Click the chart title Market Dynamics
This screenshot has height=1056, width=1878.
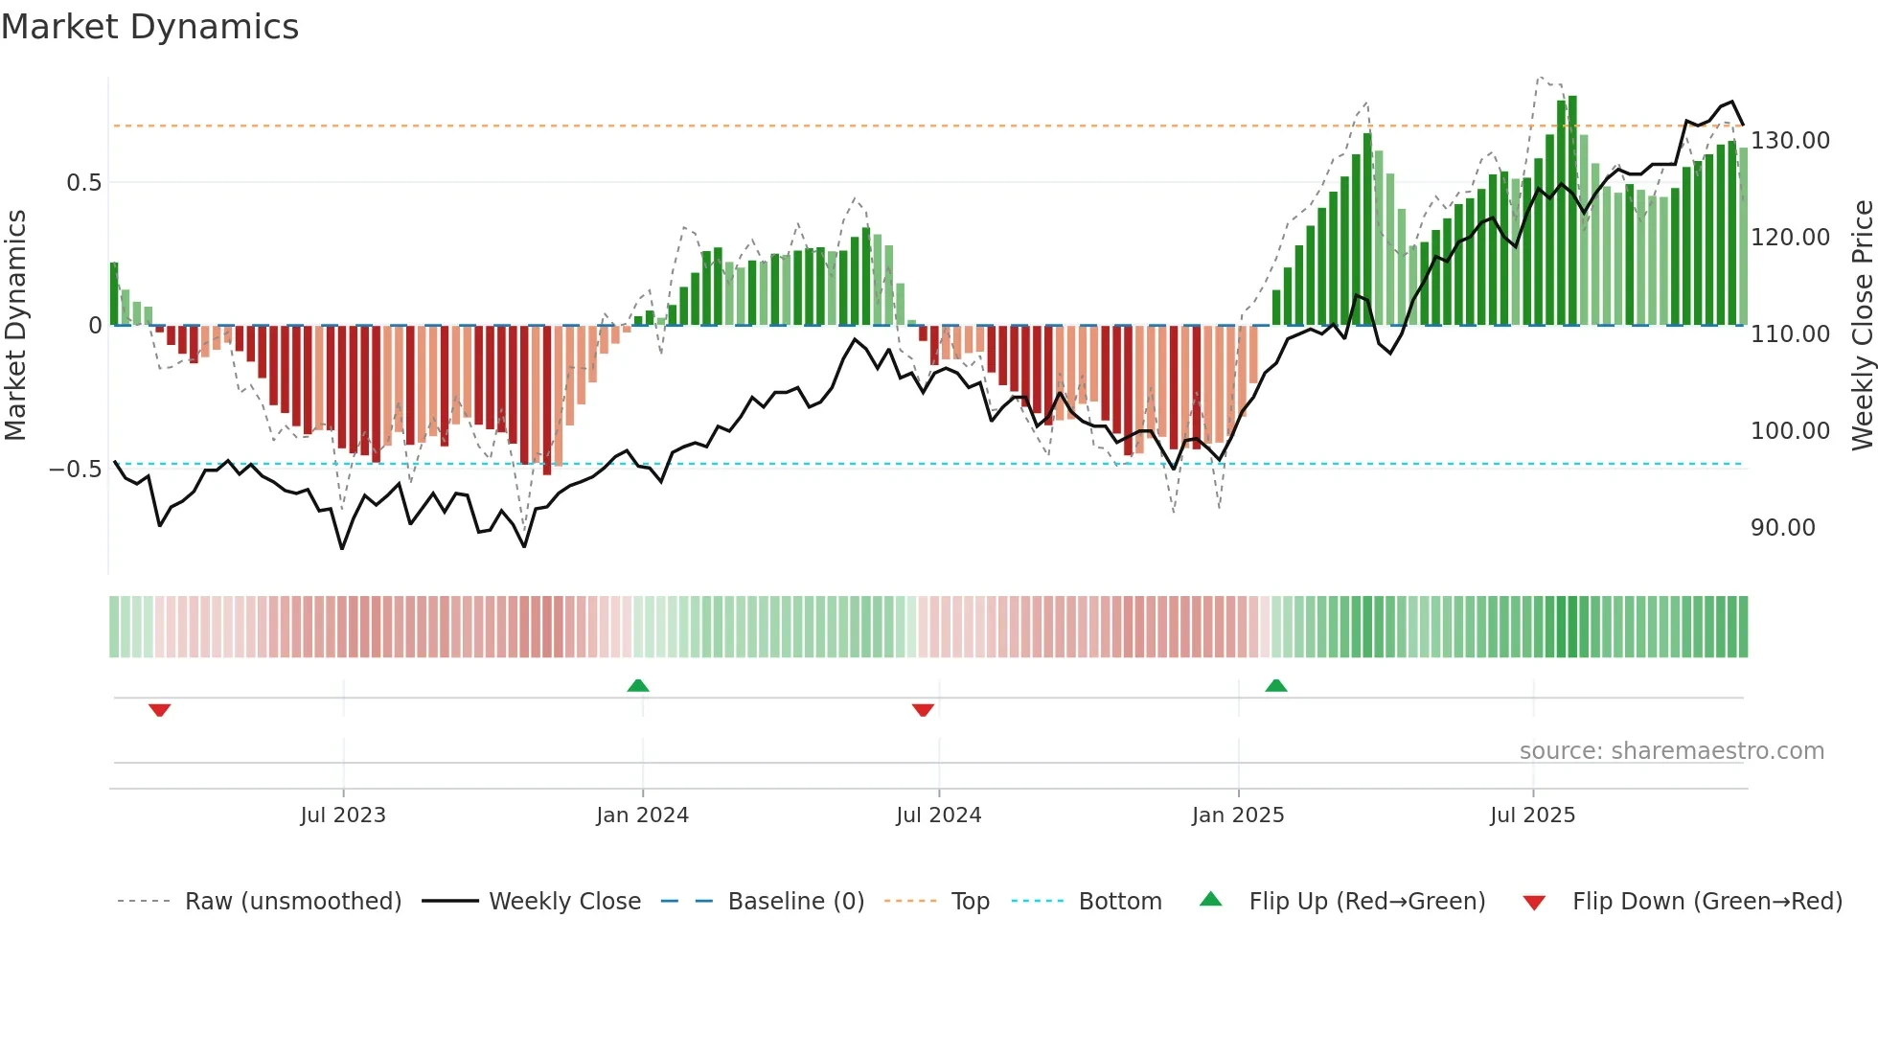pyautogui.click(x=149, y=27)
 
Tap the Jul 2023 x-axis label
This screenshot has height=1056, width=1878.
pyautogui.click(x=343, y=815)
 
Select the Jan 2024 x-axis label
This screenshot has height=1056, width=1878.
pyautogui.click(x=642, y=815)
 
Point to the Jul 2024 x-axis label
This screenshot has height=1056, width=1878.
pyautogui.click(x=939, y=815)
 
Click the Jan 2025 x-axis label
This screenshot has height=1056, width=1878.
pyautogui.click(x=1238, y=815)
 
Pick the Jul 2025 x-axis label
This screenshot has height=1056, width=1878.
pyautogui.click(x=1532, y=815)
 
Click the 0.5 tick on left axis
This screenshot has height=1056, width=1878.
pyautogui.click(x=83, y=183)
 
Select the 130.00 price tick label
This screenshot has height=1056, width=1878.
pyautogui.click(x=1790, y=141)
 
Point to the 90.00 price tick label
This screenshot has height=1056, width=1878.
pyautogui.click(x=1782, y=528)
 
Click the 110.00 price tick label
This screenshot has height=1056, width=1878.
pyautogui.click(x=1790, y=334)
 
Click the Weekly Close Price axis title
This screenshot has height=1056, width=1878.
pyautogui.click(x=1863, y=326)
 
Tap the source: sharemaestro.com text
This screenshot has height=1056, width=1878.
pyautogui.click(x=1671, y=751)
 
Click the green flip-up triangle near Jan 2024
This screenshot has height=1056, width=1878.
pyautogui.click(x=638, y=685)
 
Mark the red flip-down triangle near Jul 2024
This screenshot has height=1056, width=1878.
pyautogui.click(x=923, y=710)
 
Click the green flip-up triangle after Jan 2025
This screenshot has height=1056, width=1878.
pyautogui.click(x=1275, y=685)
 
